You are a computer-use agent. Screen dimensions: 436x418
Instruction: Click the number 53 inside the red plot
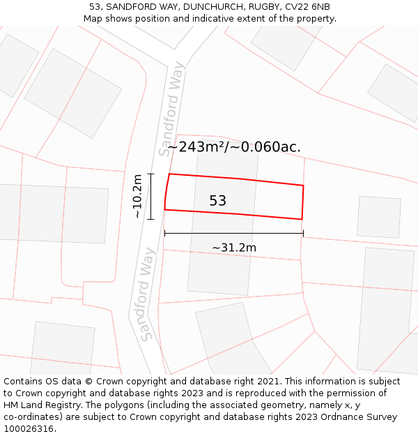[x=218, y=201]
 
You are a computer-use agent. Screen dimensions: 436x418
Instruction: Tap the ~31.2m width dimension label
[x=234, y=248]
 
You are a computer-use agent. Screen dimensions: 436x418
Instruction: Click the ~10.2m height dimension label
[x=137, y=197]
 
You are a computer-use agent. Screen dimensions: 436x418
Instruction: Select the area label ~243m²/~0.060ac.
[x=234, y=146]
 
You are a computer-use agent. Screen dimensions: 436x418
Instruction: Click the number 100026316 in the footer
[x=29, y=429]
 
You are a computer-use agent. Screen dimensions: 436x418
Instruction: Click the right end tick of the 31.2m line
[x=303, y=233]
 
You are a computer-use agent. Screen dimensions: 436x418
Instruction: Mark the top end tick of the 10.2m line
[x=150, y=174]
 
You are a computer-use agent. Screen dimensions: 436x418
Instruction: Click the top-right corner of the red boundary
[x=304, y=186]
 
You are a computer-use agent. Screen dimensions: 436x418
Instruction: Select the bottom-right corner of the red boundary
[x=302, y=219]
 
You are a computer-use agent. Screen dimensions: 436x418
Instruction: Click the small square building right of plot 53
[x=379, y=217]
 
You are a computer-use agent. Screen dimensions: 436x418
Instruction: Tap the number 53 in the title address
[x=95, y=7]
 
